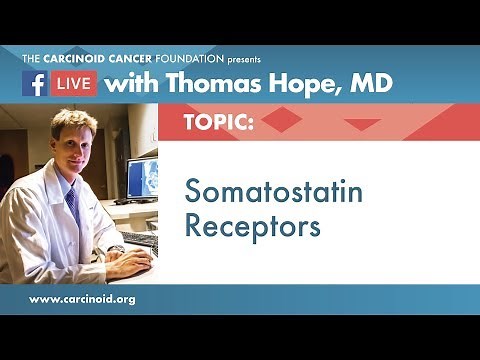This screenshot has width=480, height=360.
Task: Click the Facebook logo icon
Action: click(34, 84)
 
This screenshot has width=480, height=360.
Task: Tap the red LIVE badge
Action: click(73, 84)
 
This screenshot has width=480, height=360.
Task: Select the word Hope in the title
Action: click(300, 84)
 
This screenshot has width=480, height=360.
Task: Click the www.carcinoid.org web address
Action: click(82, 299)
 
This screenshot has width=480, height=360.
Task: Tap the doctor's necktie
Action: click(73, 205)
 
